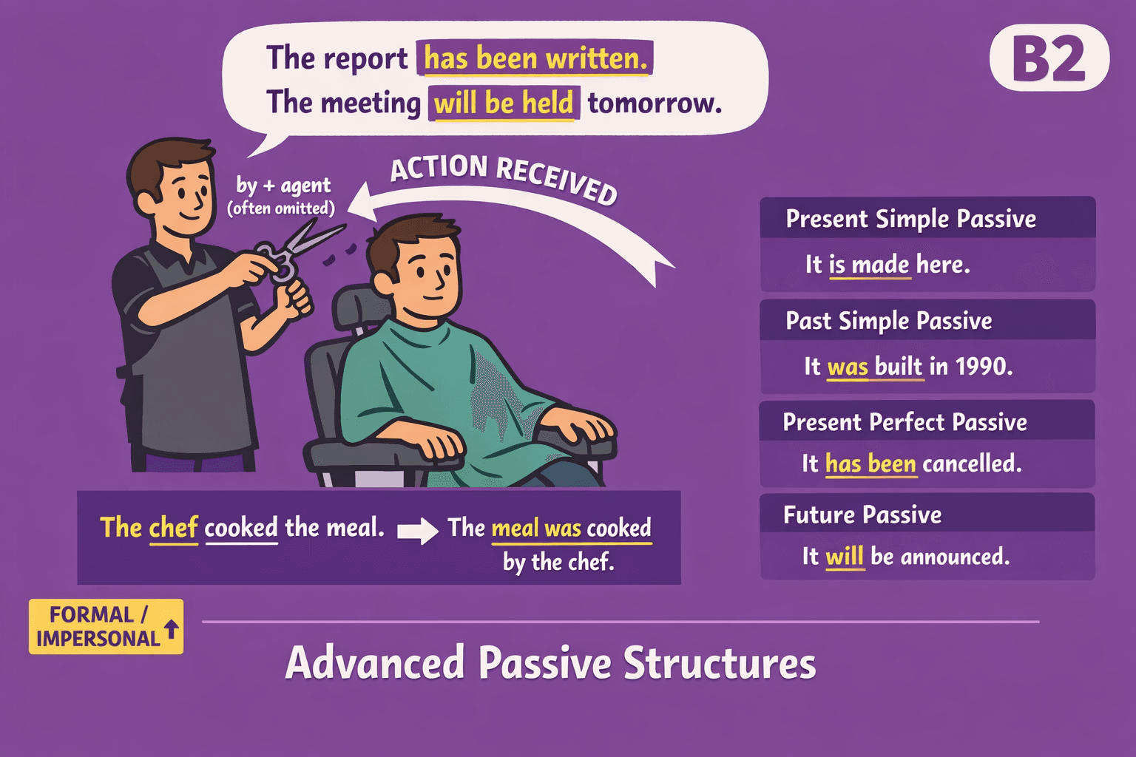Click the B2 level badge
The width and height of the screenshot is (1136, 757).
pos(1049,59)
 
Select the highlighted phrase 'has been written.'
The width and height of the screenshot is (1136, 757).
pos(535,58)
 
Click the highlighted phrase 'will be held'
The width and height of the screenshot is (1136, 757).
pos(504,103)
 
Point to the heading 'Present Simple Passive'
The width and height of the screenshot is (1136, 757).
pos(910,219)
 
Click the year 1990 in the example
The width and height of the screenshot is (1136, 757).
pos(983,366)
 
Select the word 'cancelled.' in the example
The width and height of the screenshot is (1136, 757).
pos(972,464)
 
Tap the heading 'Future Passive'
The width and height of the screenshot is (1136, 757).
pos(862,515)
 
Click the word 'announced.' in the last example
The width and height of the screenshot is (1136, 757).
pos(955,556)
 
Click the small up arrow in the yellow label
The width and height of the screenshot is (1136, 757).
pos(171,628)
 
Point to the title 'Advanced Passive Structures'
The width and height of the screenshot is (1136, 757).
pos(550,662)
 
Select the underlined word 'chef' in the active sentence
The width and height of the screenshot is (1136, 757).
pos(174,528)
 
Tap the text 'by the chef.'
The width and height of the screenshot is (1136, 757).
pos(558,562)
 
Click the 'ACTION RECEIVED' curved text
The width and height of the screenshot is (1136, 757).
pos(503,176)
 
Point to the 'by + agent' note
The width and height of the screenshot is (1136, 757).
pos(283,186)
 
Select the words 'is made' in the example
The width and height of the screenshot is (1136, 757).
pos(869,265)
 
